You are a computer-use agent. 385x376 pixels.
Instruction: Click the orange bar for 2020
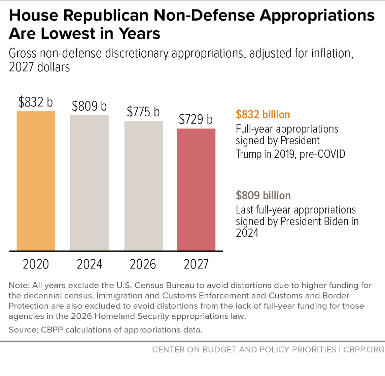[36, 181]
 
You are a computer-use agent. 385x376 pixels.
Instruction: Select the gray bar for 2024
[90, 183]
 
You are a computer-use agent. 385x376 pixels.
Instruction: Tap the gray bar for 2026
[143, 186]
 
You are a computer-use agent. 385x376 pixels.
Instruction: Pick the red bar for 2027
[196, 190]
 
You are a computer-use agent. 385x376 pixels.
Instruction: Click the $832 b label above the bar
[36, 102]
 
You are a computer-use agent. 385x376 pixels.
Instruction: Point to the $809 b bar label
[90, 106]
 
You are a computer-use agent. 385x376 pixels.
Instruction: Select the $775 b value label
[143, 112]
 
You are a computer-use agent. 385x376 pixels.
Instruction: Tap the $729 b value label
[196, 119]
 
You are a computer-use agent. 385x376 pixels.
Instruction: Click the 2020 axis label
[36, 264]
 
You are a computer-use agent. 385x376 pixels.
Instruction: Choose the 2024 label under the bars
[90, 264]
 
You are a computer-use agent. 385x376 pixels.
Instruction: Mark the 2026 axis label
[143, 264]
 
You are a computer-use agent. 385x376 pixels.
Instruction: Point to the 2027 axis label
[196, 264]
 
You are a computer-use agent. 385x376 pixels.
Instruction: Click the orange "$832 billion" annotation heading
[263, 115]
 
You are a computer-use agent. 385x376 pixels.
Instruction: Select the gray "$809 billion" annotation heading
[263, 195]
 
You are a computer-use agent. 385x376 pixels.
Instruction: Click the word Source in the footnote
[23, 330]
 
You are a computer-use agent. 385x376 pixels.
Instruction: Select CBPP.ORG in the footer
[364, 349]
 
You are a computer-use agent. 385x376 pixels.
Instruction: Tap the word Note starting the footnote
[19, 285]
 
